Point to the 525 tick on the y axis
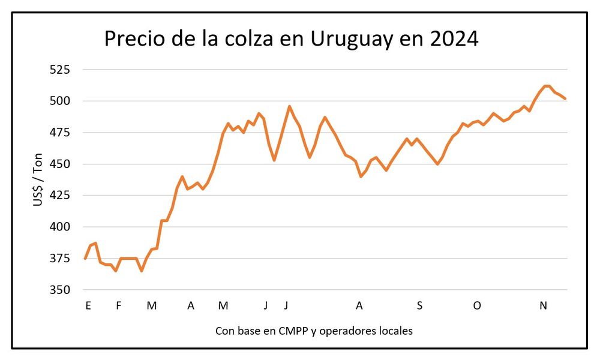click(60, 70)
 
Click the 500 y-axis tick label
click(60, 101)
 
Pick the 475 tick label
click(60, 133)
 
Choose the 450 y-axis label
click(60, 164)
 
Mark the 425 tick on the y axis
click(60, 196)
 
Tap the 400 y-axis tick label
click(60, 227)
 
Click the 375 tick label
click(60, 259)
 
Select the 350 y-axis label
click(60, 290)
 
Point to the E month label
click(88, 306)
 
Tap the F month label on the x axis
click(118, 306)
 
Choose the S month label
click(419, 306)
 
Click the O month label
click(477, 306)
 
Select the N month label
click(543, 306)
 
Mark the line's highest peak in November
click(546, 86)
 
